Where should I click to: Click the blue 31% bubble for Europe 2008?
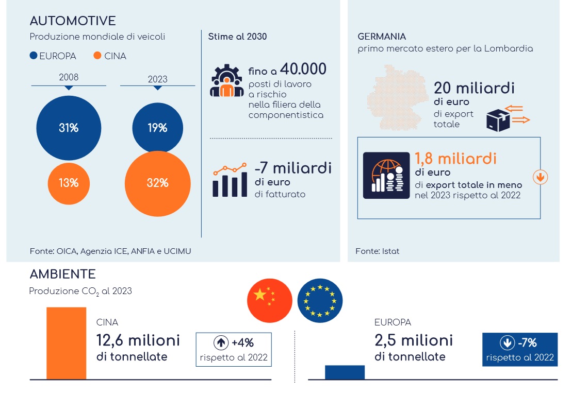point(69,128)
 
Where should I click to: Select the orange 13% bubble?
point(69,183)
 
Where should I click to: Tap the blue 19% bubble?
point(158,127)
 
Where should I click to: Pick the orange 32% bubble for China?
point(158,184)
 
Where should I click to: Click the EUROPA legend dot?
point(34,56)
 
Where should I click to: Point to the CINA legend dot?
point(97,56)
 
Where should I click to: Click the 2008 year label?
point(69,77)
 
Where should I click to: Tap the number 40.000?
point(303,69)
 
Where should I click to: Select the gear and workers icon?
point(227,80)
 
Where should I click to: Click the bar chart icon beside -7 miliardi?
point(230,180)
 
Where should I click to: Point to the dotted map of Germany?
point(398,97)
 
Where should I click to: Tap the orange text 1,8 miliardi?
point(455,159)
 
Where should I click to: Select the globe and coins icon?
point(386,175)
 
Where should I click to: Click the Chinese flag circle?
point(270,301)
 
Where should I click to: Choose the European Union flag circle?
point(320,301)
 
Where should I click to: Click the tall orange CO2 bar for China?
point(67,344)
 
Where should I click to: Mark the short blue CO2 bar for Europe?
point(345,372)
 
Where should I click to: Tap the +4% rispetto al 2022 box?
point(234,350)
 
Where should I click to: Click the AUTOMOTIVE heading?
point(73,21)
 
